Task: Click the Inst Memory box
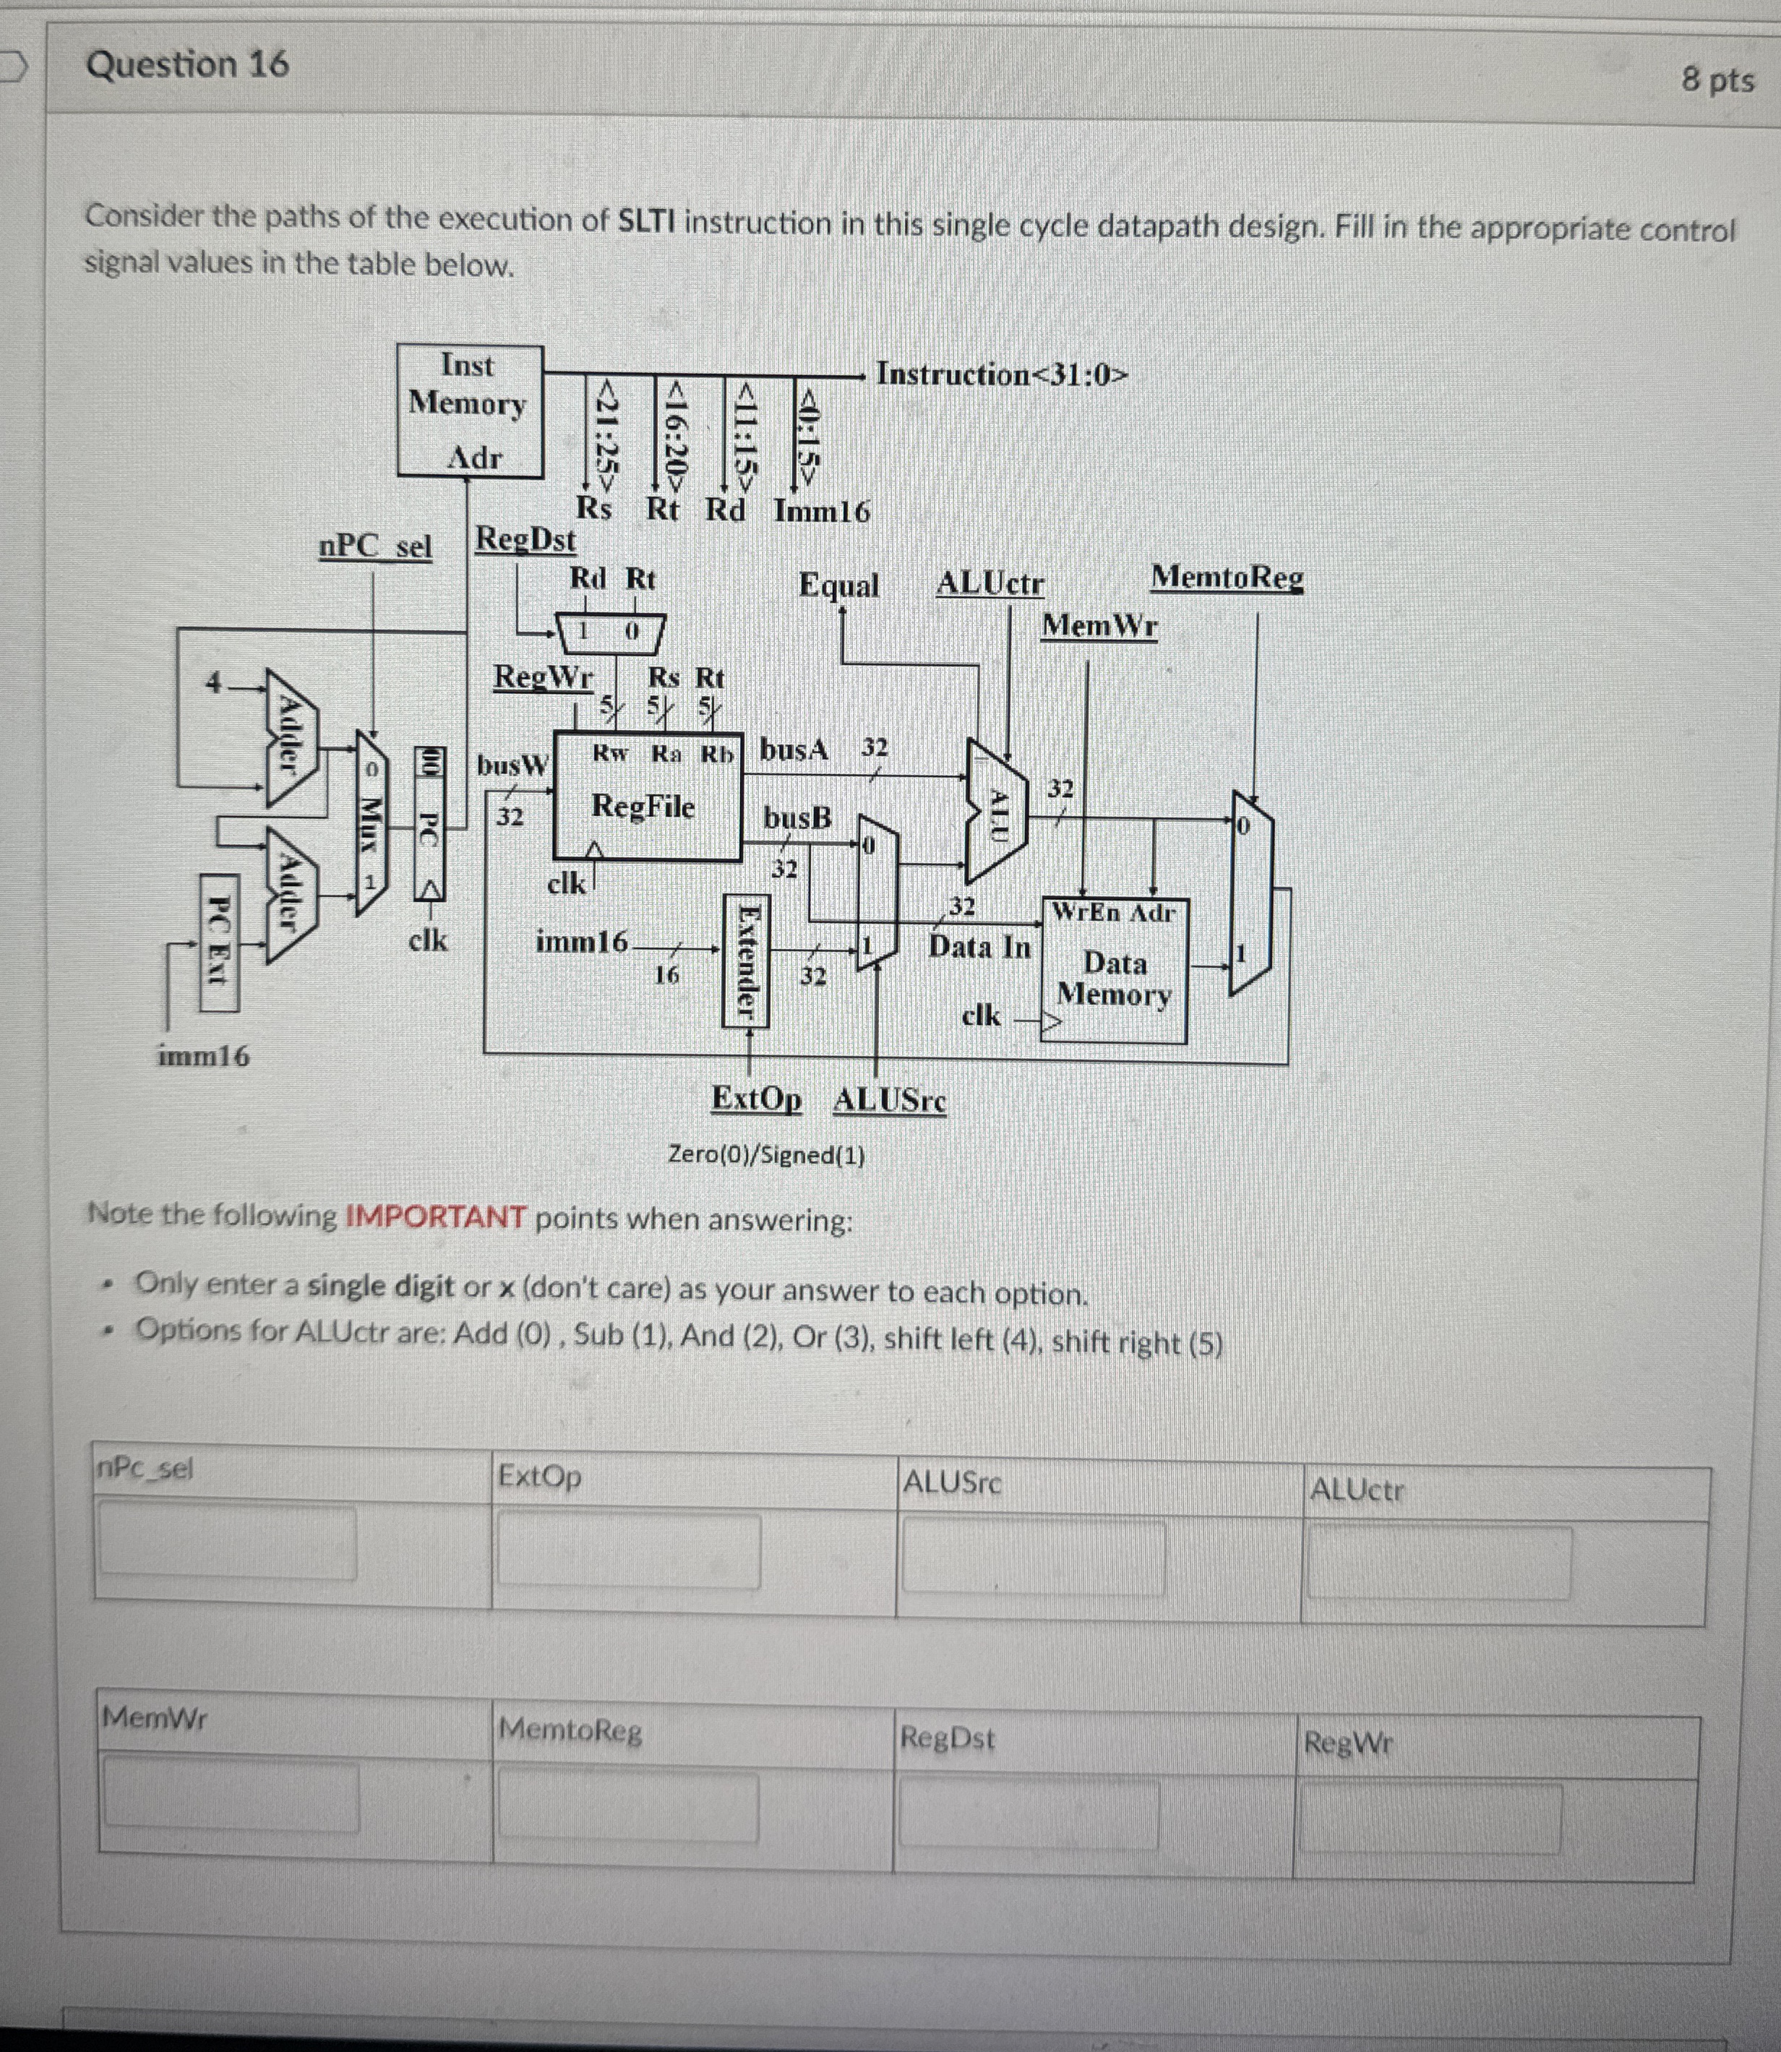pyautogui.click(x=469, y=411)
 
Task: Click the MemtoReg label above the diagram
pyautogui.click(x=1227, y=578)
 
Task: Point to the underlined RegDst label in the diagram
pyautogui.click(x=525, y=540)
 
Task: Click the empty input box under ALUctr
pyautogui.click(x=1439, y=1561)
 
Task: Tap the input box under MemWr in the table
pyautogui.click(x=231, y=1793)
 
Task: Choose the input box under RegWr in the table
pyautogui.click(x=1429, y=1816)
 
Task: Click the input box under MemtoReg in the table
pyautogui.click(x=628, y=1806)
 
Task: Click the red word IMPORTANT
pyautogui.click(x=435, y=1217)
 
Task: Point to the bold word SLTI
pyautogui.click(x=646, y=222)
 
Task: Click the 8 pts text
pyautogui.click(x=1717, y=80)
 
